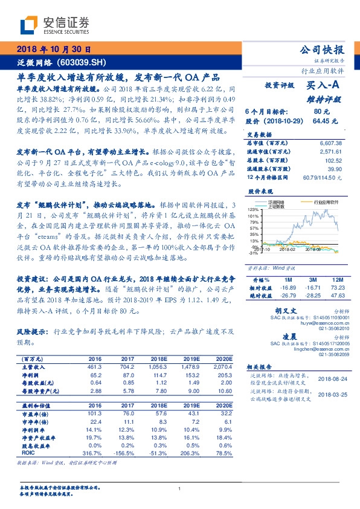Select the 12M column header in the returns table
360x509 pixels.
[x=336, y=280]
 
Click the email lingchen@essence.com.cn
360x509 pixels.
[x=315, y=348]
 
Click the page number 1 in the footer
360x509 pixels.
[x=179, y=488]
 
